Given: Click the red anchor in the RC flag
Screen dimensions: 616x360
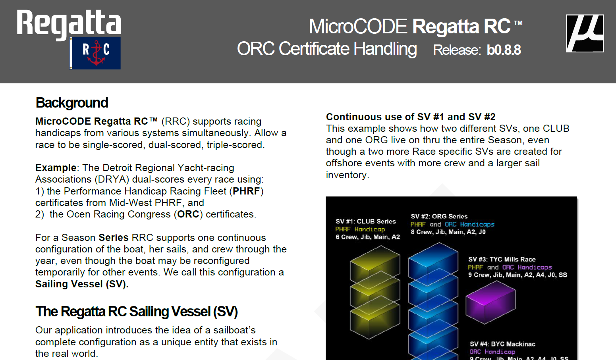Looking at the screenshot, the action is [x=96, y=53].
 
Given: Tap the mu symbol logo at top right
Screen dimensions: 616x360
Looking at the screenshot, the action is [x=585, y=33].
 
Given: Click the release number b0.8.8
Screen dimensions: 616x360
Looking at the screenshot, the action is [x=504, y=50].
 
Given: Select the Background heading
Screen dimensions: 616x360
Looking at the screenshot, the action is [x=72, y=103].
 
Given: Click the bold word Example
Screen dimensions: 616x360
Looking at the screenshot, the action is [x=56, y=167].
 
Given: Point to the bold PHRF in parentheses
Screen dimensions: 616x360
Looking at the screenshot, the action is [x=246, y=191].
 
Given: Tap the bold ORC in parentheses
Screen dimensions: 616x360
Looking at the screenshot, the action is [x=188, y=214].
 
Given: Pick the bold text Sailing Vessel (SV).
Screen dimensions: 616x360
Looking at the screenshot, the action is [x=82, y=284].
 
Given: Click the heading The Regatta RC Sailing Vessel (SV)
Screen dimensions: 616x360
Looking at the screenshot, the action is [x=136, y=312].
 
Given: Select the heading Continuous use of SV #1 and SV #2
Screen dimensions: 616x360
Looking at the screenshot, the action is [x=411, y=117].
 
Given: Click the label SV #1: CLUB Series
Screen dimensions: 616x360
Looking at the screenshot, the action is [x=366, y=221].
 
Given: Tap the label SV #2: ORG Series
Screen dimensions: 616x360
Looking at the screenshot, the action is [x=439, y=216].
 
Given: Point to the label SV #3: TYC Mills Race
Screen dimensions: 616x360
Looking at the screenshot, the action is [x=502, y=259].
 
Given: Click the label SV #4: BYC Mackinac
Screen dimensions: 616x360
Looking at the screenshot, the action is [x=502, y=344].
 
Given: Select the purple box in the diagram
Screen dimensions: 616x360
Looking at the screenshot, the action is [x=490, y=302].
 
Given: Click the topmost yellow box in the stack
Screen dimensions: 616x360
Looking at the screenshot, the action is [x=375, y=264].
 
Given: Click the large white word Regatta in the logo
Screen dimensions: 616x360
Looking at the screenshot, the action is [x=69, y=24].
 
